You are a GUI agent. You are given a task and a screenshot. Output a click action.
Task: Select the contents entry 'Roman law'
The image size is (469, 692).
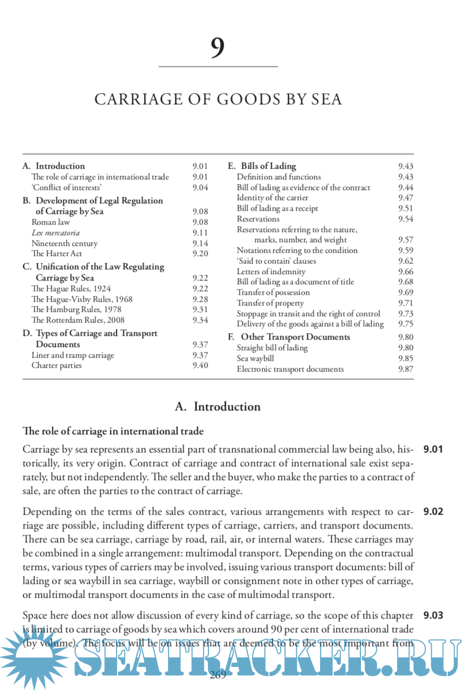coord(51,222)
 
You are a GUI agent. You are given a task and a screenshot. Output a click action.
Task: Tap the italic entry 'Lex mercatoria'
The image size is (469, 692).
coord(56,233)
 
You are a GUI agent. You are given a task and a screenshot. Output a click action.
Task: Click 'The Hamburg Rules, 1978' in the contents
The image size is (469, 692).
coord(76,309)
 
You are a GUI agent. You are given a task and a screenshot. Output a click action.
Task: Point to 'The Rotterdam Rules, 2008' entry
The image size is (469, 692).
coord(78,320)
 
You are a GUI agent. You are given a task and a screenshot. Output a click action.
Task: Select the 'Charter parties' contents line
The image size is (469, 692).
coord(56,365)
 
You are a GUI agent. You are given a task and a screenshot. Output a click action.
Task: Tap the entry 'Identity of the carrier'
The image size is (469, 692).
coord(272,198)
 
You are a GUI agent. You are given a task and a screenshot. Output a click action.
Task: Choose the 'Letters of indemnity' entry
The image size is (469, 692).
coord(271,271)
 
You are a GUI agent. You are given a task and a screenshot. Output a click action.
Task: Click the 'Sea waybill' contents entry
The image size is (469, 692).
coord(255,358)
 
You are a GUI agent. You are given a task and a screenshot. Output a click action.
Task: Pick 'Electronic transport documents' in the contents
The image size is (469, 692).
coord(290,369)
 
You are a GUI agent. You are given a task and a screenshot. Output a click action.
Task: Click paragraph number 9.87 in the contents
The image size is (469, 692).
coord(405,369)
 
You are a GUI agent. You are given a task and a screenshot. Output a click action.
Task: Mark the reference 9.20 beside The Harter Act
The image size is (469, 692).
coord(200,253)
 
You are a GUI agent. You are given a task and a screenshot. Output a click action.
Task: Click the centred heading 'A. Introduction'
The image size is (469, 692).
coord(217,407)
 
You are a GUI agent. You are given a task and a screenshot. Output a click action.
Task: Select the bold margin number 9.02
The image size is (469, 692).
coord(433,512)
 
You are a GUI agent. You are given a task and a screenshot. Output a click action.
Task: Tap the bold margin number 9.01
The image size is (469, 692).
coord(433,449)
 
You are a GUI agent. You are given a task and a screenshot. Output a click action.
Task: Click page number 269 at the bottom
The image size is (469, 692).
coord(218,675)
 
